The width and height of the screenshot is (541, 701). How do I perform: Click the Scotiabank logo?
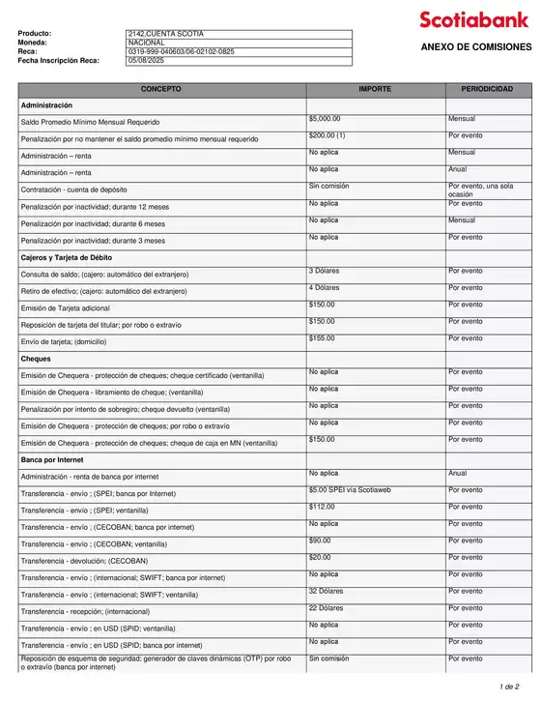tap(474, 19)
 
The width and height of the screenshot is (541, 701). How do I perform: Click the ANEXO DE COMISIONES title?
tap(475, 47)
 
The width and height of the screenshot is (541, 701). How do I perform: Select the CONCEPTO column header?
tap(160, 88)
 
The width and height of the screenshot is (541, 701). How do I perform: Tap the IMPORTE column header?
tap(375, 88)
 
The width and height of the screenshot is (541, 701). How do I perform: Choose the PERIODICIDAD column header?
tap(487, 88)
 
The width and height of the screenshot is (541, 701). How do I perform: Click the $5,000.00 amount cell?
tap(325, 118)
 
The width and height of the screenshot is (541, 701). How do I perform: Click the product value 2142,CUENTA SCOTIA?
tap(165, 34)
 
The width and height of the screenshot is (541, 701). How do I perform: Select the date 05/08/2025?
tap(146, 60)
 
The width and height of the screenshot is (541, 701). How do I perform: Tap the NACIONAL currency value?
tap(146, 43)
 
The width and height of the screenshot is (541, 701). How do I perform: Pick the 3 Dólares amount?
tap(324, 271)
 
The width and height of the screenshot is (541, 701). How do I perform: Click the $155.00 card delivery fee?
tap(322, 338)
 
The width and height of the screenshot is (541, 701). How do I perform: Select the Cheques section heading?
tap(36, 359)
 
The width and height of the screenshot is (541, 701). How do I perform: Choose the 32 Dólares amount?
tap(326, 591)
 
